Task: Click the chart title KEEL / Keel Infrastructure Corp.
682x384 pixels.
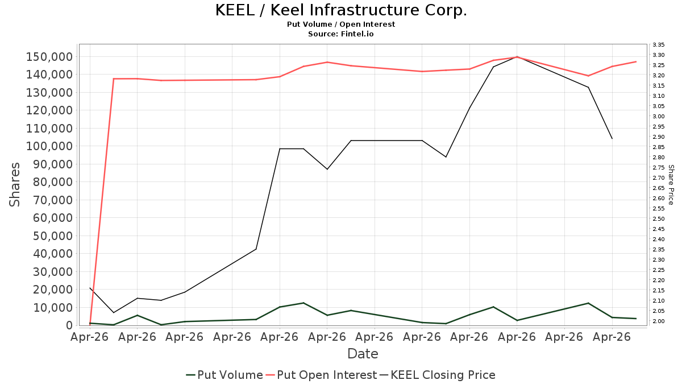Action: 341,10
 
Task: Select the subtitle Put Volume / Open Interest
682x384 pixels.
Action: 341,24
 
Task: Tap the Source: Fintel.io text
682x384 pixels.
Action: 341,34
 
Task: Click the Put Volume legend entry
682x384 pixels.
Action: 224,375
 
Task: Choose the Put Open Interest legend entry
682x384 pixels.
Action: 321,375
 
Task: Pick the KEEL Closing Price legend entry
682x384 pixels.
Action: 437,375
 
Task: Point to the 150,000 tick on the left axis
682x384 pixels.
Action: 49,57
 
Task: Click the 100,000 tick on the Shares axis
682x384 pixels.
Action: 49,146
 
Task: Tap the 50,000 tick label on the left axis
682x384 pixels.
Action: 53,236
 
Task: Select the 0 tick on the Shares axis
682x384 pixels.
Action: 70,325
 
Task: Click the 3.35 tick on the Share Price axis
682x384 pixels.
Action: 658,45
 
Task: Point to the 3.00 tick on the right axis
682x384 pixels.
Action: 658,117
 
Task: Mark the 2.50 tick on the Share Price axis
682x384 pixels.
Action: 658,219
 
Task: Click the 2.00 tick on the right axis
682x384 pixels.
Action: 658,321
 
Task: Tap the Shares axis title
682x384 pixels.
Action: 14,185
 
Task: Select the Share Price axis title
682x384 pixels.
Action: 671,185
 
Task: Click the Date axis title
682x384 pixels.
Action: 363,354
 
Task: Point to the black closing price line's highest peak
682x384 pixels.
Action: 517,57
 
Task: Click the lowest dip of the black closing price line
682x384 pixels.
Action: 114,313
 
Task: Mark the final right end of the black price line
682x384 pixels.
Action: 612,139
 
